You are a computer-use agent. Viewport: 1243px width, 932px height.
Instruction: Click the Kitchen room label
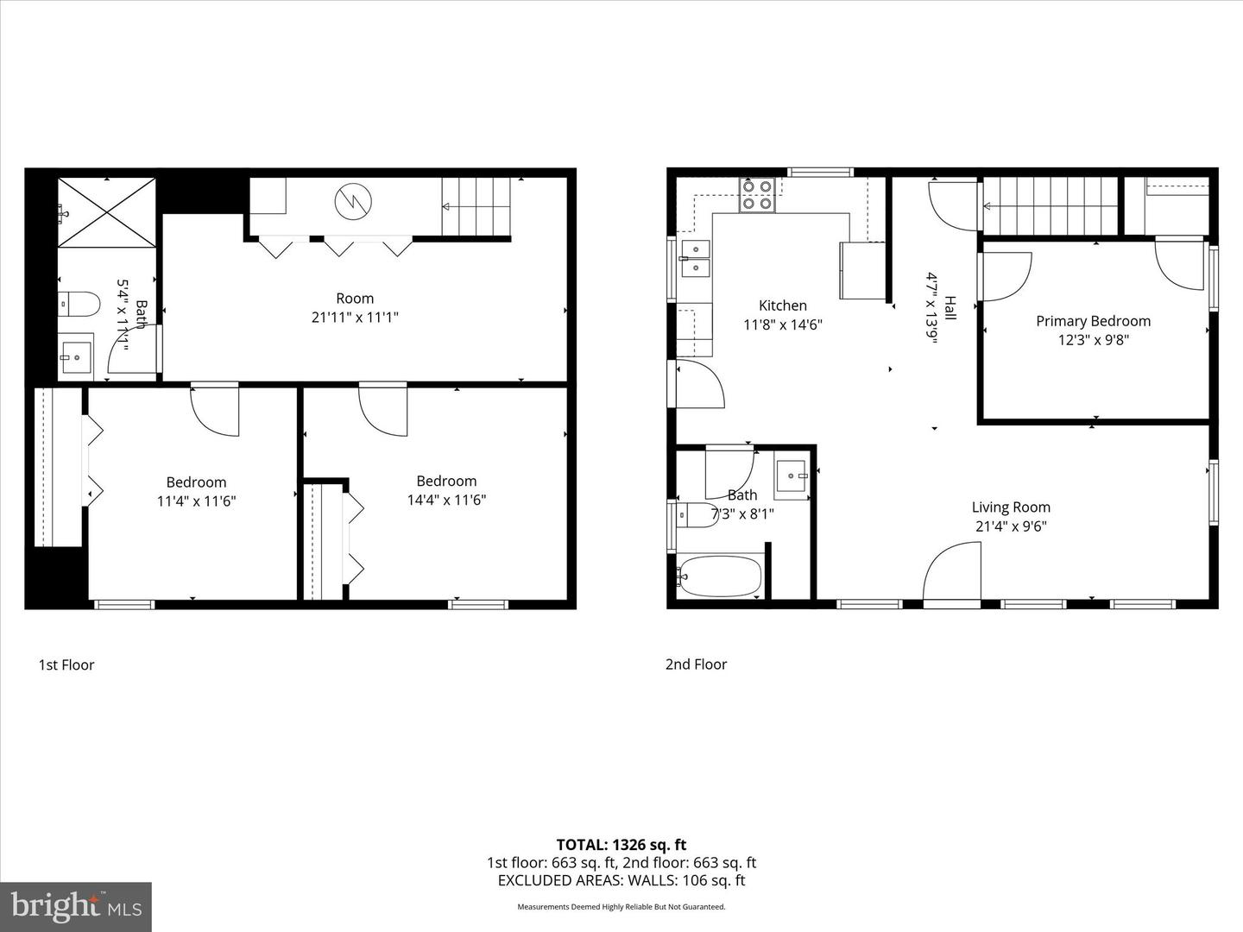pos(783,305)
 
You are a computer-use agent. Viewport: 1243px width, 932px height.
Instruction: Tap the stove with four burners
pos(757,195)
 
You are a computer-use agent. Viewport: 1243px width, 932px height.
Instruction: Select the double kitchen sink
pos(695,259)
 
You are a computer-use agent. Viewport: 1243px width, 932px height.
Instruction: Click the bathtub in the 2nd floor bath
pos(720,576)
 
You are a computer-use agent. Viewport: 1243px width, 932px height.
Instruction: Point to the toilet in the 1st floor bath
pos(79,304)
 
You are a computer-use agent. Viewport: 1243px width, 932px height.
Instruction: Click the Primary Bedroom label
pos(1093,321)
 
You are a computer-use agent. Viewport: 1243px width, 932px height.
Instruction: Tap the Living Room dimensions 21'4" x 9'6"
pos(1010,526)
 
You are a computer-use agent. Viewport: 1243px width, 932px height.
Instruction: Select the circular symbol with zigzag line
pos(354,201)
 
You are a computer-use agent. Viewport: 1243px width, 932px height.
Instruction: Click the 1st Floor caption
pos(66,664)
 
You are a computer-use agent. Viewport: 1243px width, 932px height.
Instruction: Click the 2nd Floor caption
pos(696,664)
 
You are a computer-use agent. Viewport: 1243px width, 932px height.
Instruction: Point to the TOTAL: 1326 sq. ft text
pos(621,845)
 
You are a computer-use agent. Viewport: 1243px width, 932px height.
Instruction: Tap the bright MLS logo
pos(76,906)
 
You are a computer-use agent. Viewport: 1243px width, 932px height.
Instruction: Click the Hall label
pos(950,308)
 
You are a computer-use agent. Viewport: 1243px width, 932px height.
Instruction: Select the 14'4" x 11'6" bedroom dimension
pos(446,500)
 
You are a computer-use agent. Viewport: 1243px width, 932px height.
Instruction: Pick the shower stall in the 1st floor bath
pos(107,212)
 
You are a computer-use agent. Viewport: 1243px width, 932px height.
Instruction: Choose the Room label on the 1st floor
pos(355,299)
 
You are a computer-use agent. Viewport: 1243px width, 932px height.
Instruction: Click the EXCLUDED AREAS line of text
pos(621,880)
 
